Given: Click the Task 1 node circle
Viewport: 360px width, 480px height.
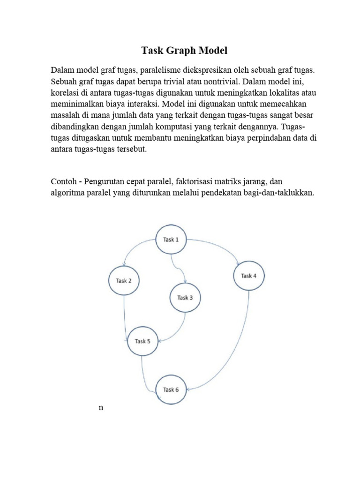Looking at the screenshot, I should pos(171,240).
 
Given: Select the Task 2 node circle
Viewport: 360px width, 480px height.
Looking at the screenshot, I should pos(124,281).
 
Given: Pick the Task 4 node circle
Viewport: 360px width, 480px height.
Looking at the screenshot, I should pos(248,276).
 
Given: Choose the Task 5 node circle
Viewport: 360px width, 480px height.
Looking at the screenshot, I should pos(142,341).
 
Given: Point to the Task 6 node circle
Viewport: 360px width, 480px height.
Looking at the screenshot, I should pos(171,390).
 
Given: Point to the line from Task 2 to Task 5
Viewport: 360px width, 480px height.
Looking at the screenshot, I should pos(125,314).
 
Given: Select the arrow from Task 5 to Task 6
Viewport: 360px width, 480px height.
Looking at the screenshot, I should pos(148,375).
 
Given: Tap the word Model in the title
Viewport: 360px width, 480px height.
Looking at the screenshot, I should pos(213,50).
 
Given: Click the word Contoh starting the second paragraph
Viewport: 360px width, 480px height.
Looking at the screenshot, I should pos(64,180).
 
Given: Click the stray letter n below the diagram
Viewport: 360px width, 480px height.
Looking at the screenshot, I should pos(101,408).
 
